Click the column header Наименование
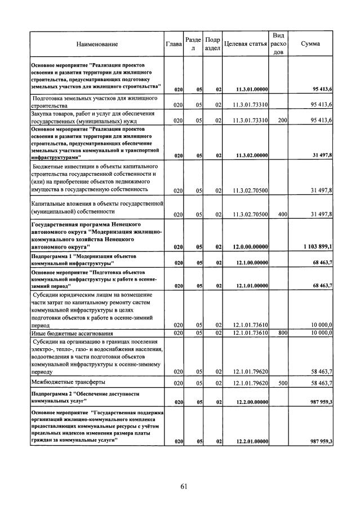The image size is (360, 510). [x=98, y=43]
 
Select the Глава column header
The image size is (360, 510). [x=174, y=43]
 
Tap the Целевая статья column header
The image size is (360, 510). [x=245, y=43]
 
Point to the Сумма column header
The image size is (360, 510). [x=311, y=43]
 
